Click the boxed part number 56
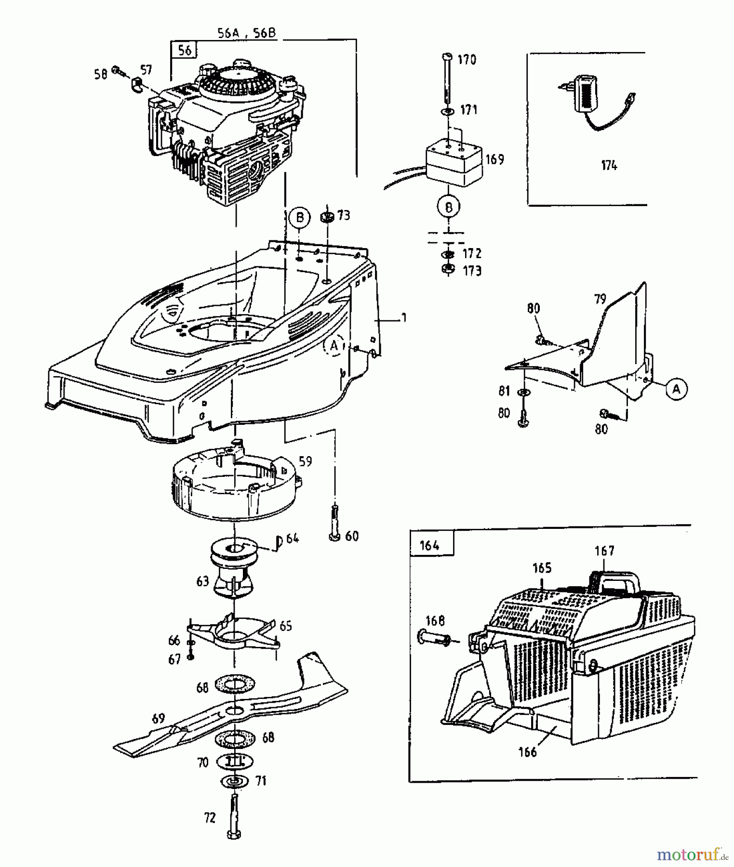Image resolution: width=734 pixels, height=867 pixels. pos(185,50)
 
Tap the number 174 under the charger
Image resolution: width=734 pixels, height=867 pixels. pos(609,166)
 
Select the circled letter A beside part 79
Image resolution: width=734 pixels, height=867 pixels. pos(676,389)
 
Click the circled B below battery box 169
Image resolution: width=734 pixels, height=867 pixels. pos(449,207)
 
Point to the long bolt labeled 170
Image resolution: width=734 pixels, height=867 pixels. pos(447,77)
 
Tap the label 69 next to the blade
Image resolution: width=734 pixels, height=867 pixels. pos(158,719)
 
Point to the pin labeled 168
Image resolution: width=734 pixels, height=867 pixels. pos(432,639)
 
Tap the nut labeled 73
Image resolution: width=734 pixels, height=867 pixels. pos(327,217)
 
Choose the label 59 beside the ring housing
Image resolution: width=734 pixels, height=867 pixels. pos(305,461)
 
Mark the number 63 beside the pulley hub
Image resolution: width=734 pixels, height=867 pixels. pos(202,581)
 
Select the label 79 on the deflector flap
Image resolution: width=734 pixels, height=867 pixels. pos(600,299)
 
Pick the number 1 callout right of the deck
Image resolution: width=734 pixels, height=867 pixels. pos(403,318)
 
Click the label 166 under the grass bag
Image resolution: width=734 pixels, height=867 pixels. pos(528,752)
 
